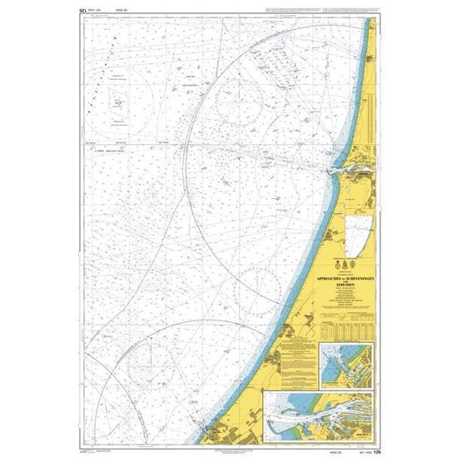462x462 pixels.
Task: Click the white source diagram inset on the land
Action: click(360, 232)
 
